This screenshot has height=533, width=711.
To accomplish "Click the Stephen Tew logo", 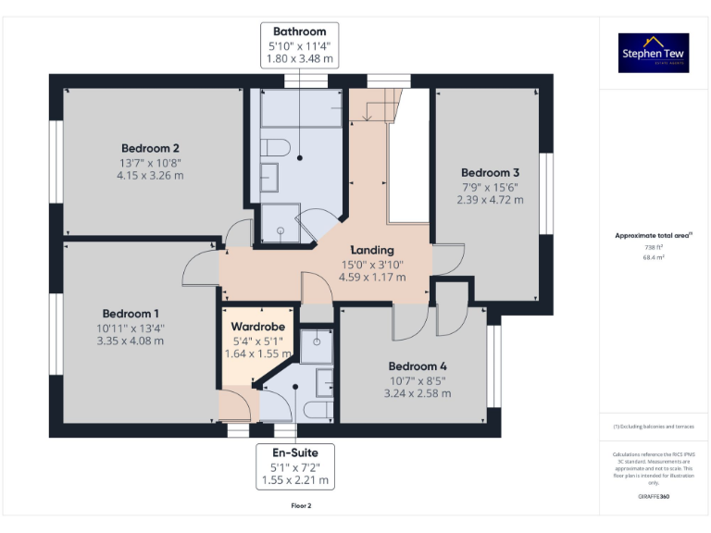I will tap(654, 54).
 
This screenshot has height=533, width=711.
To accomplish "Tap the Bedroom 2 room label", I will tap(150, 148).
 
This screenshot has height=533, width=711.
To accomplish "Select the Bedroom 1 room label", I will tap(131, 313).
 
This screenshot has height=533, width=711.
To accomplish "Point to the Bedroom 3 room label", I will tap(491, 173).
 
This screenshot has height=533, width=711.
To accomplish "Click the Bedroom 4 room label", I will tap(417, 365).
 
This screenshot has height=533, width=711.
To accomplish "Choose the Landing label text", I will tap(372, 250).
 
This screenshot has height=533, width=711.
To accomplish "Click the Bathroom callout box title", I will tap(299, 31).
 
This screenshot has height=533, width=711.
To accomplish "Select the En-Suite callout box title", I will tap(298, 452).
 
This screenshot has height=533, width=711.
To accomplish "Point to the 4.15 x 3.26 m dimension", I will tap(150, 176).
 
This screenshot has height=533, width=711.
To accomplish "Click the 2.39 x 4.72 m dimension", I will tap(491, 200).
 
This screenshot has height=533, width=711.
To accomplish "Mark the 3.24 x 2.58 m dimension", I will tap(417, 393).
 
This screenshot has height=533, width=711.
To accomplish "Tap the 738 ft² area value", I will tap(654, 247).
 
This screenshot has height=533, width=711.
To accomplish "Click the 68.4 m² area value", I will tap(654, 258).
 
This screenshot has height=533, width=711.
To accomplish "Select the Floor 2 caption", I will tap(301, 506).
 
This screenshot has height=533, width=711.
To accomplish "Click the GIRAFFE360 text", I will tap(654, 497).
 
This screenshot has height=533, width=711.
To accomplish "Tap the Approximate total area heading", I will tap(654, 236).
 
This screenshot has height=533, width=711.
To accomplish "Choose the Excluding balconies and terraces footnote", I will tap(654, 427).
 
